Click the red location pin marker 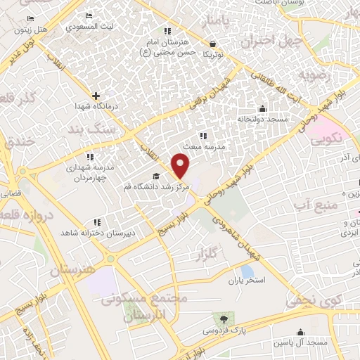pyautogui.click(x=181, y=166)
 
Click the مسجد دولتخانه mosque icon pyautogui.click(x=262, y=108)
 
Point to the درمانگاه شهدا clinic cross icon pyautogui.click(x=96, y=95)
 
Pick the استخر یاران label pyautogui.click(x=245, y=281)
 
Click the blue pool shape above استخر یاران pyautogui.click(x=247, y=270)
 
